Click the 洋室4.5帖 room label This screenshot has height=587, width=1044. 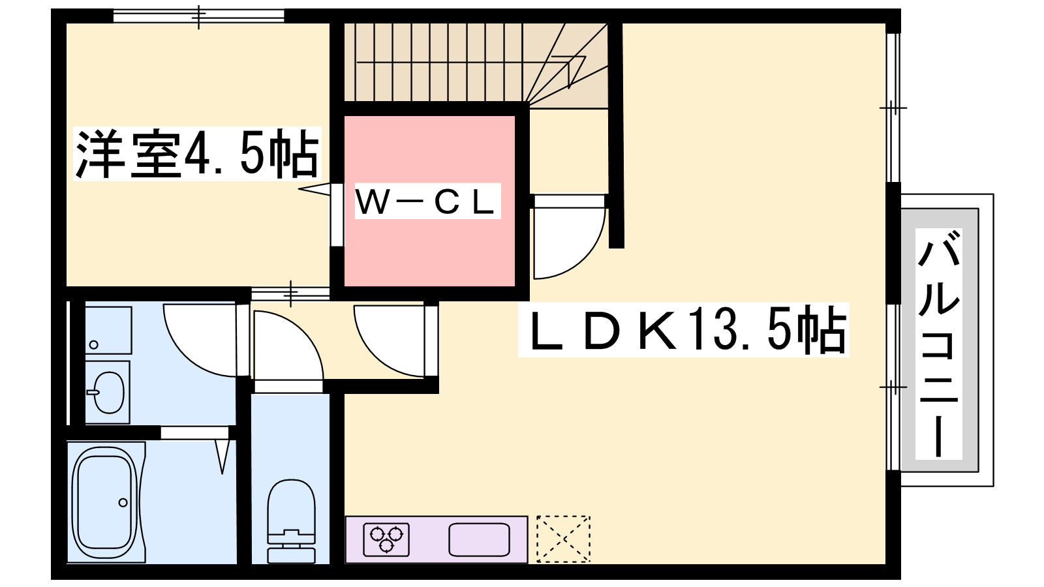[x=197, y=154]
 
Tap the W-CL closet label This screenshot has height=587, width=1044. [x=425, y=202]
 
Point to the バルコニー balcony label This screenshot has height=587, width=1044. [x=939, y=343]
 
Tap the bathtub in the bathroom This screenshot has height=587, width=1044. [x=106, y=502]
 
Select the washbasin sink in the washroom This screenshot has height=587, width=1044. [x=108, y=392]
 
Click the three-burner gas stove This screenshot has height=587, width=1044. [x=386, y=539]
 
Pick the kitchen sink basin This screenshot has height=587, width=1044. [x=479, y=539]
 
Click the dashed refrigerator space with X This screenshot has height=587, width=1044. [x=563, y=539]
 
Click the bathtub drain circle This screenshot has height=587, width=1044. [x=123, y=502]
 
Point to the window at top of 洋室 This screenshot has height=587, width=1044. [x=198, y=16]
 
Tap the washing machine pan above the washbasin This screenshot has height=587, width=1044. [x=108, y=330]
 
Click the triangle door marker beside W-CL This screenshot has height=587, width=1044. [x=314, y=188]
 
